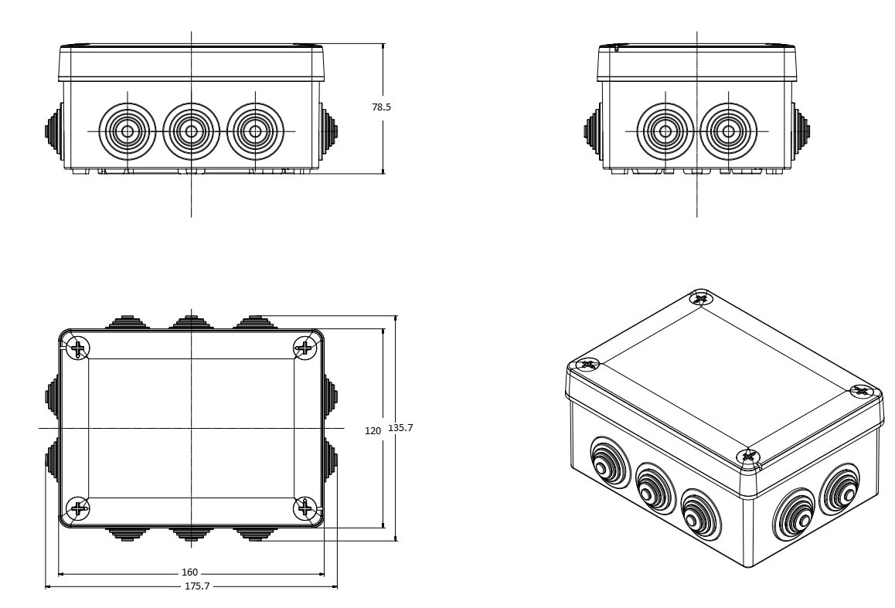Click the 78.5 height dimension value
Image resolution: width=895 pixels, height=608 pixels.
pyautogui.click(x=381, y=107)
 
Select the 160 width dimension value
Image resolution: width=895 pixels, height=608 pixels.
pyautogui.click(x=189, y=572)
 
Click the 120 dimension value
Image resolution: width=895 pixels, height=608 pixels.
pyautogui.click(x=373, y=430)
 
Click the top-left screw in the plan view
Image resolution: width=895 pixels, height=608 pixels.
pyautogui.click(x=78, y=348)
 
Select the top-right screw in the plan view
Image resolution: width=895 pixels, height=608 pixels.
pyautogui.click(x=305, y=348)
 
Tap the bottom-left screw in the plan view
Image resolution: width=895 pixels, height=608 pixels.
pyautogui.click(x=78, y=508)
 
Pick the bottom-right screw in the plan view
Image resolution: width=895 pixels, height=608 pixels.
pyautogui.click(x=305, y=508)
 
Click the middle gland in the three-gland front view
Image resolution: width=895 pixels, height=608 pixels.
pyautogui.click(x=191, y=131)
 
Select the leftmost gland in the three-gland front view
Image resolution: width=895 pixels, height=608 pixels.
pyautogui.click(x=128, y=131)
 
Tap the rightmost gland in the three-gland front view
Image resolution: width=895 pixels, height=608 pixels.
pyautogui.click(x=255, y=131)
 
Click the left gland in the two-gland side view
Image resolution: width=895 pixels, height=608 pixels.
pyautogui.click(x=665, y=131)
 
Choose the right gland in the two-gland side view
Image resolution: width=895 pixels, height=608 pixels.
pyautogui.click(x=728, y=131)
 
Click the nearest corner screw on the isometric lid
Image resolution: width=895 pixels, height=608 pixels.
pyautogui.click(x=747, y=457)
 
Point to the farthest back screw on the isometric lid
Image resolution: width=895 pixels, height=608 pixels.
pyautogui.click(x=700, y=298)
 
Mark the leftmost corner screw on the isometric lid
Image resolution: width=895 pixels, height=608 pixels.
pyautogui.click(x=588, y=364)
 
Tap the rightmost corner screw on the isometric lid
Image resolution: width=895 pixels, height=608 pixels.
pyautogui.click(x=861, y=391)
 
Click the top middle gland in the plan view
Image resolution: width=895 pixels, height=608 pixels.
pyautogui.click(x=191, y=322)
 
